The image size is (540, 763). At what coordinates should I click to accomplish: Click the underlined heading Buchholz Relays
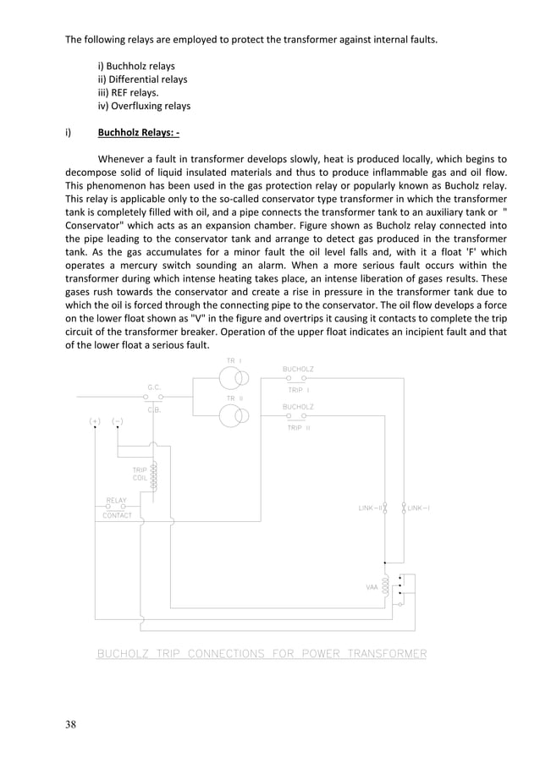(x=138, y=132)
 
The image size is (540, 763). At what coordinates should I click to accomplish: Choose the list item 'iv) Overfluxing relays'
(x=144, y=106)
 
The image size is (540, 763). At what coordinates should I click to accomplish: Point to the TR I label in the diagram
(x=234, y=360)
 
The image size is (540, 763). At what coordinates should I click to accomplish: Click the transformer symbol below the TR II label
(x=234, y=416)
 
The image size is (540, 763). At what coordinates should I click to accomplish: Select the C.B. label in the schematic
(x=154, y=409)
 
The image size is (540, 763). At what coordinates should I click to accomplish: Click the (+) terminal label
(x=96, y=420)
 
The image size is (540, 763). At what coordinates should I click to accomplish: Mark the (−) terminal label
(x=118, y=420)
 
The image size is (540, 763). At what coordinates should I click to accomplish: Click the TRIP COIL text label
(x=140, y=473)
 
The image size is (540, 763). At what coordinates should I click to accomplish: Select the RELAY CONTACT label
(x=117, y=508)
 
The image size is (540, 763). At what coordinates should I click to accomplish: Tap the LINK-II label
(x=370, y=508)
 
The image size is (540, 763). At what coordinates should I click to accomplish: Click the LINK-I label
(x=418, y=508)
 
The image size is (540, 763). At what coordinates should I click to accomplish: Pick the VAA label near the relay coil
(x=372, y=585)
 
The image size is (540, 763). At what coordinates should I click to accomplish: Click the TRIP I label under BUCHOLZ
(x=298, y=390)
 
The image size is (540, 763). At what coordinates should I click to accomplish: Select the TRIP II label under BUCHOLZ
(x=298, y=428)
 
